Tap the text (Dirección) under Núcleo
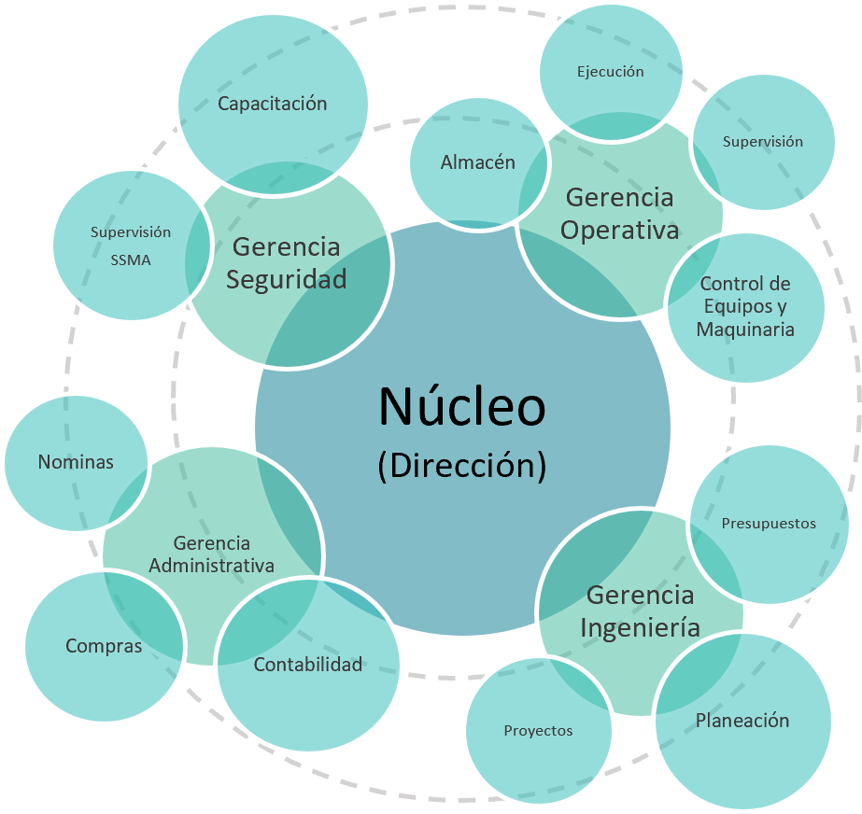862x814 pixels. (x=461, y=465)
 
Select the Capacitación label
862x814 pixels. (x=272, y=104)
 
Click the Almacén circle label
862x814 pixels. (x=477, y=162)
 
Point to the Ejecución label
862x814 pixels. (x=610, y=72)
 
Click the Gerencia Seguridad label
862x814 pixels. (x=286, y=262)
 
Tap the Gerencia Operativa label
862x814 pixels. (x=619, y=214)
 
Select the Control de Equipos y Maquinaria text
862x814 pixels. (x=745, y=306)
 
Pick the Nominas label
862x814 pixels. (x=76, y=462)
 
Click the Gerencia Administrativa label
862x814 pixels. (x=212, y=554)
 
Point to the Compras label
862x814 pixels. (x=104, y=646)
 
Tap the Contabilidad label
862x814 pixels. (x=307, y=666)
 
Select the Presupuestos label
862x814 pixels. (x=769, y=524)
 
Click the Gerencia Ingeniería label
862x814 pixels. (x=640, y=610)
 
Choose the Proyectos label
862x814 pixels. (x=538, y=731)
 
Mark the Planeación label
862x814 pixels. (x=742, y=721)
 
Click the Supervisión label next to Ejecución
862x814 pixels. (x=762, y=142)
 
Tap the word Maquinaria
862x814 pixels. (x=745, y=330)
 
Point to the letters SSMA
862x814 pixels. (x=131, y=260)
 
